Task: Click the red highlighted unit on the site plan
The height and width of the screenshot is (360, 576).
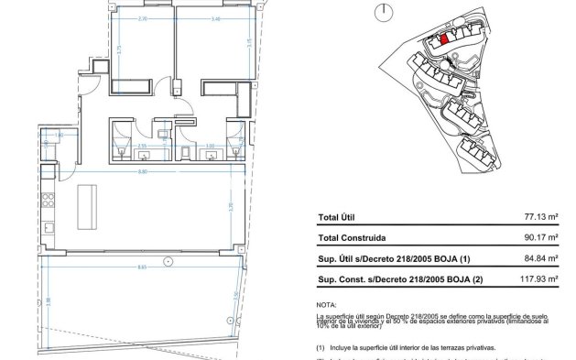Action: point(444,38)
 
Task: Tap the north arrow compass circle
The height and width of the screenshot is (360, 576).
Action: point(383,10)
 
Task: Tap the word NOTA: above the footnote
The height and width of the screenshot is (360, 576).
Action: point(326,303)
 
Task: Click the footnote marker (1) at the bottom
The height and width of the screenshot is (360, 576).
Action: point(321,349)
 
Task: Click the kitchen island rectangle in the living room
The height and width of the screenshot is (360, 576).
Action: point(90,205)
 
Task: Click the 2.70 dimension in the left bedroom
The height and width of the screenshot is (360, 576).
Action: point(142,17)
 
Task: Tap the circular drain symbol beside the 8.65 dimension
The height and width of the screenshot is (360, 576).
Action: point(167,262)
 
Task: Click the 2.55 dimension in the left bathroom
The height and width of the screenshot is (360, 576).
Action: point(142,145)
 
